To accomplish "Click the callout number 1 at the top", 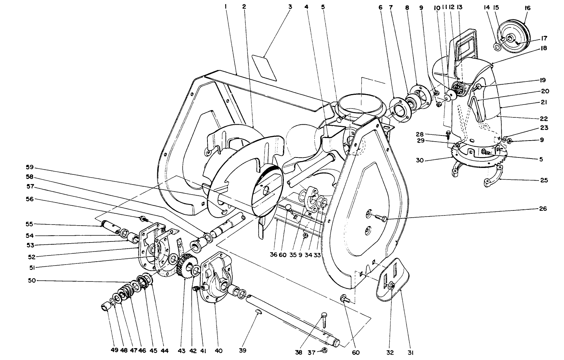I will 226,6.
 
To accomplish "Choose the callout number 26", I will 543,209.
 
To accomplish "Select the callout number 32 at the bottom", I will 390,352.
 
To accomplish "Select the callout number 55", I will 30,224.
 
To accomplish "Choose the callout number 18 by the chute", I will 543,48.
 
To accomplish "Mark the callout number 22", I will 544,119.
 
